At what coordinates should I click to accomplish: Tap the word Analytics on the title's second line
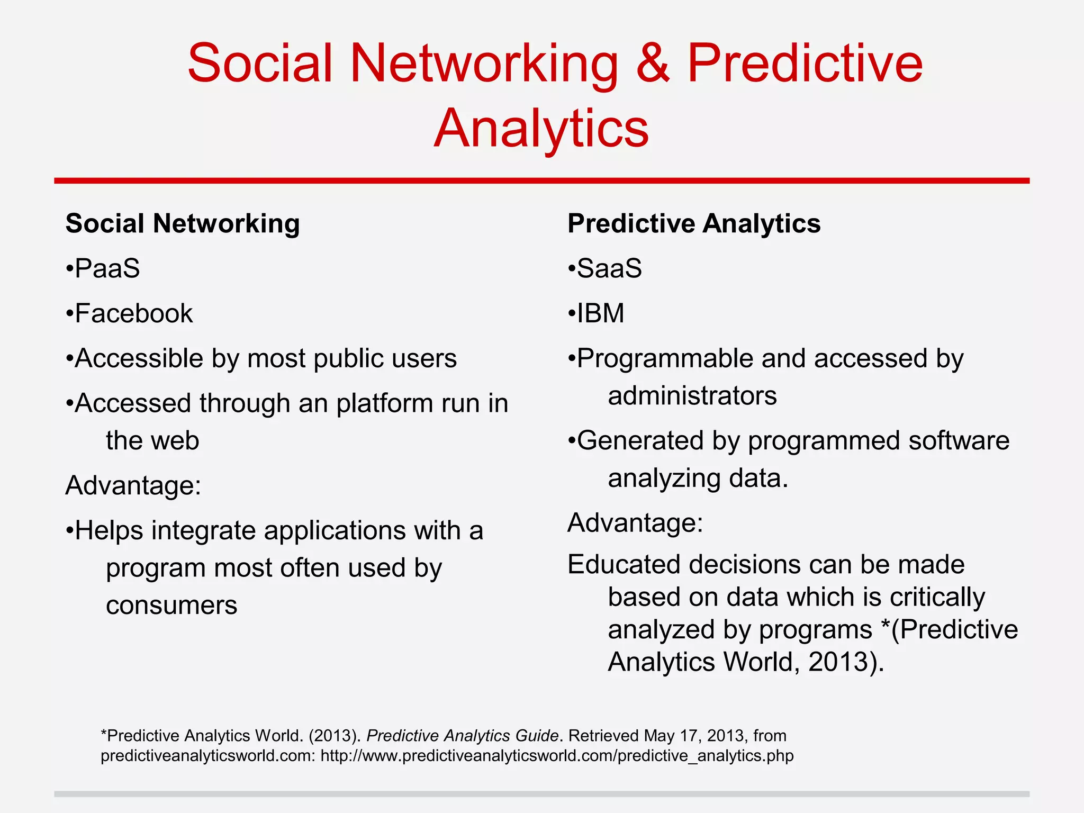click(x=541, y=129)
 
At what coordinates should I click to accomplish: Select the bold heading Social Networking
click(x=183, y=223)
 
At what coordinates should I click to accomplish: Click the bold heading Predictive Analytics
click(x=693, y=223)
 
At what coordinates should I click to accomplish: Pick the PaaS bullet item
click(x=107, y=268)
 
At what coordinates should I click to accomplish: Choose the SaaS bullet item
click(x=609, y=268)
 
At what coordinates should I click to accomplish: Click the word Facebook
click(x=133, y=313)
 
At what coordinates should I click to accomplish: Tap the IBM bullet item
click(x=600, y=313)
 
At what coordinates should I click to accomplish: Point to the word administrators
click(x=692, y=396)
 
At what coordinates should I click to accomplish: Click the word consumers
click(x=171, y=605)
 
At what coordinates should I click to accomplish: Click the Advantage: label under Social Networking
click(x=133, y=485)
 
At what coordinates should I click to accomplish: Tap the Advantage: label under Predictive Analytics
click(x=635, y=523)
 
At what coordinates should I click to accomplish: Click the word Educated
click(x=622, y=564)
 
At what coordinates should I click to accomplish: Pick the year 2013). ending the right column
click(x=846, y=662)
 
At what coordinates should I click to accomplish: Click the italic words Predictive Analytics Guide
click(x=462, y=736)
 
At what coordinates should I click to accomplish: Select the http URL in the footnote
click(x=557, y=756)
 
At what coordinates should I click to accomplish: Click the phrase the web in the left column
click(x=152, y=441)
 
